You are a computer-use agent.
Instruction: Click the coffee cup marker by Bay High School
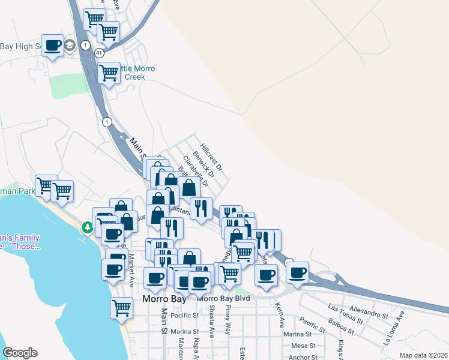(x=53, y=46)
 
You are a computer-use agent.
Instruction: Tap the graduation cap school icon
(x=70, y=45)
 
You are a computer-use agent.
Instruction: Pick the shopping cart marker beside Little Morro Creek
(x=109, y=74)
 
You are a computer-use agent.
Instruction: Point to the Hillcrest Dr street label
(x=211, y=155)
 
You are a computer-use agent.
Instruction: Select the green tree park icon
(x=87, y=227)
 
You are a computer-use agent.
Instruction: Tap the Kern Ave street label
(x=280, y=314)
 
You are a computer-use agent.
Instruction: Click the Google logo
(x=20, y=352)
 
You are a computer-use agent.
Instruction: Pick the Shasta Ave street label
(x=212, y=325)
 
